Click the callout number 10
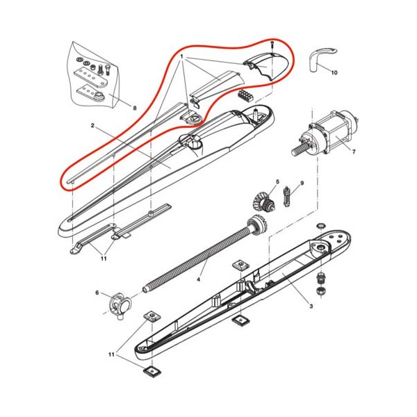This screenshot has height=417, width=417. pyautogui.click(x=334, y=72)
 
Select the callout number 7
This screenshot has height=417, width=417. pyautogui.click(x=354, y=152)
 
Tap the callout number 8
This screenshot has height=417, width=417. pyautogui.click(x=135, y=108)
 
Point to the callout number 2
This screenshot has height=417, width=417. pyautogui.click(x=92, y=125)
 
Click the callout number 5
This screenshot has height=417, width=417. pyautogui.click(x=277, y=182)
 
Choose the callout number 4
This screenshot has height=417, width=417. pyautogui.click(x=198, y=279)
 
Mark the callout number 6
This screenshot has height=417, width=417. pyautogui.click(x=97, y=293)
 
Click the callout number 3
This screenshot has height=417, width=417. pyautogui.click(x=311, y=306)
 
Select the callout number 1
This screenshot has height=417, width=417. pyautogui.click(x=182, y=57)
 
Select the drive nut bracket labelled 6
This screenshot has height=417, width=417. pyautogui.click(x=120, y=305)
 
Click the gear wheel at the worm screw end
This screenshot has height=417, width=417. pyautogui.click(x=257, y=224)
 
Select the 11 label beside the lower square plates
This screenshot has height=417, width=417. pyautogui.click(x=111, y=354)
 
